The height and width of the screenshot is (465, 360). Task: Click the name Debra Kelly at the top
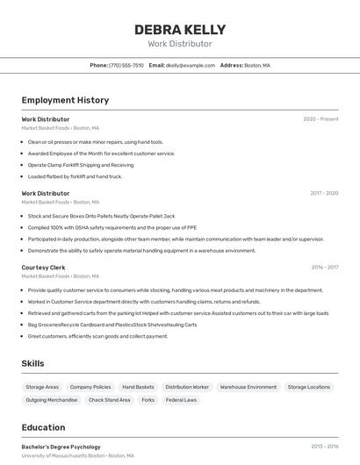pos(180,29)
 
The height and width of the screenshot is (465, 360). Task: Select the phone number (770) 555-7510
pos(126,65)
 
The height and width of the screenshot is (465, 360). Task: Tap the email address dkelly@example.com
pos(191,65)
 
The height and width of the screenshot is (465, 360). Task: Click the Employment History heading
pos(65,100)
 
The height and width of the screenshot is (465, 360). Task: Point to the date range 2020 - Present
pos(320,119)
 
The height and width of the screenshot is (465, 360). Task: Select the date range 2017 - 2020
pos(324,193)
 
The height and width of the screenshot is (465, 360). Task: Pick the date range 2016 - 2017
pos(324,268)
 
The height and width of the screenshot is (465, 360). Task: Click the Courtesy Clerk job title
pos(43,268)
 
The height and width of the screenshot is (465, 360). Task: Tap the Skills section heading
pos(32,363)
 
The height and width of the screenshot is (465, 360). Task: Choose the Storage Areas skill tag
pos(42,387)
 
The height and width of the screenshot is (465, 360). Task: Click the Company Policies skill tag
pos(90,387)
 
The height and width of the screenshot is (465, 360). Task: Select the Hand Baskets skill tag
pos(138,387)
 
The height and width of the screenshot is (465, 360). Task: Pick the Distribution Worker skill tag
pos(187,387)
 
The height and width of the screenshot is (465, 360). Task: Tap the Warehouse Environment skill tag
pos(248,387)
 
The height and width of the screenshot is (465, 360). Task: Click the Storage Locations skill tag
pos(309,387)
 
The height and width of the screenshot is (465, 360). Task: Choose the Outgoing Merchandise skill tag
pos(52,400)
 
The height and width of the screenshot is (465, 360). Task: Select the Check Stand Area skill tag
pos(110,400)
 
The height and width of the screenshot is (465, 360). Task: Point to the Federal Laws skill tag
pos(181,400)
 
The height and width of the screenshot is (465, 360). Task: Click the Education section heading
pos(43,427)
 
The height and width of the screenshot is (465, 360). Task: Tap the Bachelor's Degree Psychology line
pos(61,447)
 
